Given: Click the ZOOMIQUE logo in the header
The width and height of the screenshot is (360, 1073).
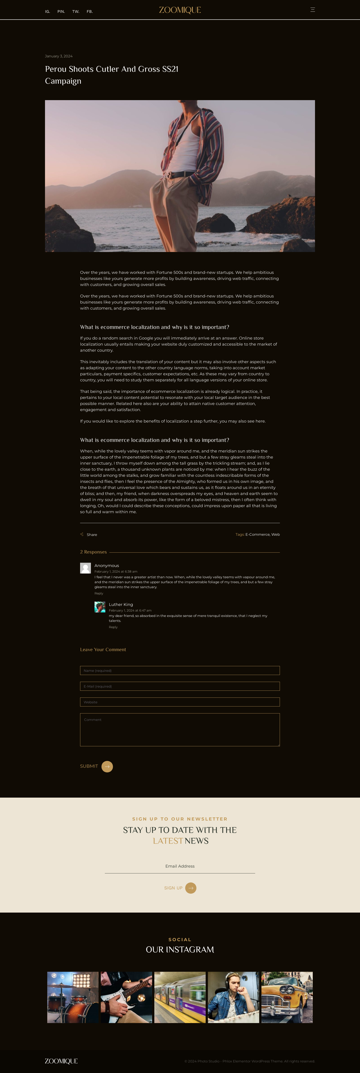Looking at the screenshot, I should pyautogui.click(x=180, y=10).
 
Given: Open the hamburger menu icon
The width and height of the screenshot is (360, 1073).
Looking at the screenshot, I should pyautogui.click(x=313, y=10).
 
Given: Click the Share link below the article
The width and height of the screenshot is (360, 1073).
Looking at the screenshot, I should pyautogui.click(x=91, y=534).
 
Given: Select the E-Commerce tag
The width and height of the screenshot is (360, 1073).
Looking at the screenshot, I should pyautogui.click(x=257, y=534).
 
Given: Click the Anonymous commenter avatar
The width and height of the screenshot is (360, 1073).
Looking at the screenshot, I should pyautogui.click(x=85, y=568).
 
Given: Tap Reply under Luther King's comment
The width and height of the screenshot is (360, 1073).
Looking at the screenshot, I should pyautogui.click(x=113, y=627).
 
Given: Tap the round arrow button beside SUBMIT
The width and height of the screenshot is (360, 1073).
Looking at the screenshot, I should pyautogui.click(x=107, y=766).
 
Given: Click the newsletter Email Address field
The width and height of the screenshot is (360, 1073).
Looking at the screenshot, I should pyautogui.click(x=180, y=866).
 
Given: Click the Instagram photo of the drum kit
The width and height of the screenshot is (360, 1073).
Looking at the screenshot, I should pyautogui.click(x=73, y=997).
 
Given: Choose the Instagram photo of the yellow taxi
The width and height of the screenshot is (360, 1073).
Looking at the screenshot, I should pyautogui.click(x=287, y=997).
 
